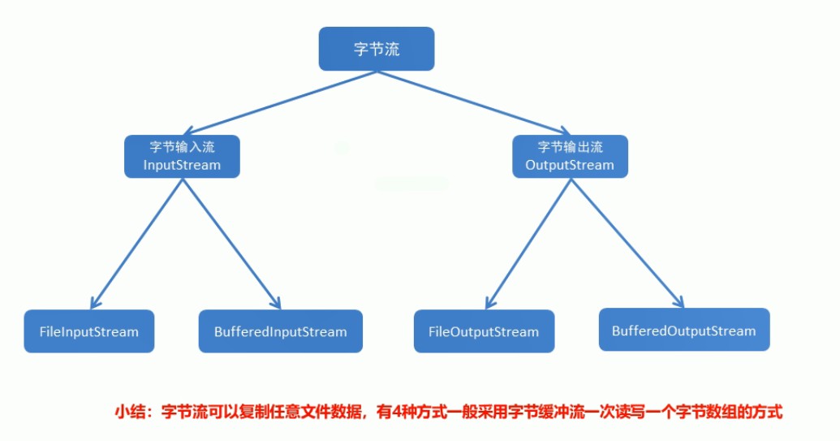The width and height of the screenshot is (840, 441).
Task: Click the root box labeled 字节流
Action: click(x=377, y=49)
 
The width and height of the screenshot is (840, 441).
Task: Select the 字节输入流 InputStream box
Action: click(x=182, y=157)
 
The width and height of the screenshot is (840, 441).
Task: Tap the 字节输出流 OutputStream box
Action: click(x=570, y=157)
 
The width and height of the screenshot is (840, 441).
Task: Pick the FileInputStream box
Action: click(x=89, y=331)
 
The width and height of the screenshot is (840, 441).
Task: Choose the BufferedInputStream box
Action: click(x=281, y=331)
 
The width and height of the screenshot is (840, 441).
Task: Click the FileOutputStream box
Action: click(x=485, y=331)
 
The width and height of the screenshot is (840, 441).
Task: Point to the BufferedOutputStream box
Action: click(x=684, y=330)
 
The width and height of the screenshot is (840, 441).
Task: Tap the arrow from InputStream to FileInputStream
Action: click(x=136, y=244)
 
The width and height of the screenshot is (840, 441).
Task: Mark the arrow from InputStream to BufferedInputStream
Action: click(x=231, y=244)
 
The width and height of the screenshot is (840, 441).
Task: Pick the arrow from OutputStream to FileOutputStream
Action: click(x=528, y=244)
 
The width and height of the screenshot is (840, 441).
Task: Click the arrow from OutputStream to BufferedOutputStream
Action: click(x=627, y=244)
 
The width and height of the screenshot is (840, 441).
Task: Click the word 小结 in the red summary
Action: click(x=127, y=412)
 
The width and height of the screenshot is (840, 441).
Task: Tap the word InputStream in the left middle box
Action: click(x=182, y=165)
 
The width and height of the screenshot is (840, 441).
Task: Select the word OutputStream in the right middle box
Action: click(x=570, y=165)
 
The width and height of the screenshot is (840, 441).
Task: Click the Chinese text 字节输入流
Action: click(x=182, y=147)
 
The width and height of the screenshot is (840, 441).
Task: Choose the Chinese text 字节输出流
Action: click(x=570, y=147)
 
